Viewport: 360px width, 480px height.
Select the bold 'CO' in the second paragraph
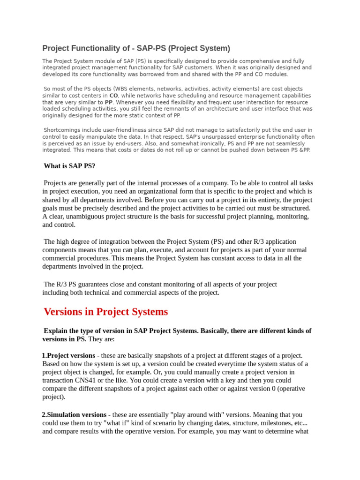(113, 96)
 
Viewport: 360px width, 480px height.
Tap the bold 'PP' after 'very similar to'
(109, 102)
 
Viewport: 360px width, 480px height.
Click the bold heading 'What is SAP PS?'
(69, 166)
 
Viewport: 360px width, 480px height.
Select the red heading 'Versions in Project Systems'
(105, 312)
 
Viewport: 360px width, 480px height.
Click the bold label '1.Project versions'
(68, 356)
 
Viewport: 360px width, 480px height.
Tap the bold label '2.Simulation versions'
(74, 415)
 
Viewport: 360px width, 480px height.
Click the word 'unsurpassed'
(190, 136)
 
